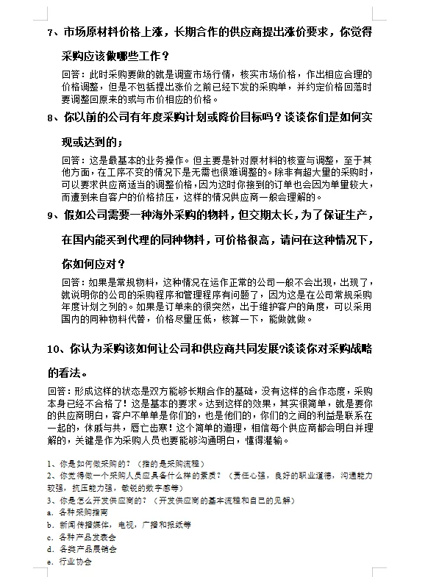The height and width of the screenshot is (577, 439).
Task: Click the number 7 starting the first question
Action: (49, 32)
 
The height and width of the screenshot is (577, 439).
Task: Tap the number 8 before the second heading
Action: (49, 118)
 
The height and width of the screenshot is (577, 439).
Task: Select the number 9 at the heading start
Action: (49, 215)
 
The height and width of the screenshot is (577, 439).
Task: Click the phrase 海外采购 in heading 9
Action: (221, 215)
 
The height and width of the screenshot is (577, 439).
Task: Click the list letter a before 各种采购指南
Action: (49, 512)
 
